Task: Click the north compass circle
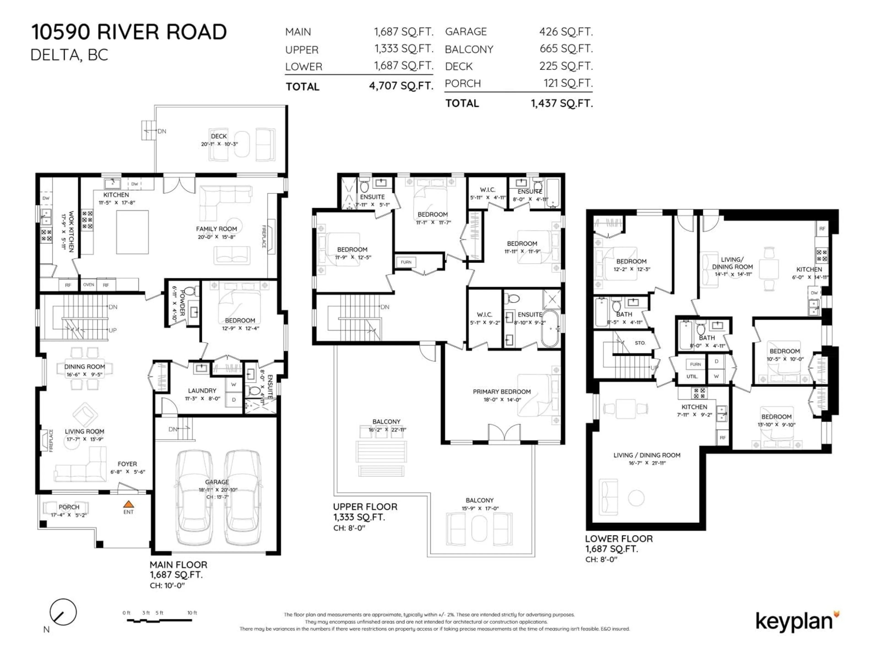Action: click(63, 612)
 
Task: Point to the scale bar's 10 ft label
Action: click(192, 613)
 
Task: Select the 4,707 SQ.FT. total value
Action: click(401, 86)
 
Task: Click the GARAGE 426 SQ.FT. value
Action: click(566, 32)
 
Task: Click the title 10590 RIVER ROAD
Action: click(129, 32)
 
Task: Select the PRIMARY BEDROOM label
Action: click(501, 391)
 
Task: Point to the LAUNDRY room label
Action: click(202, 391)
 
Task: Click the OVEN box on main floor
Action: click(88, 285)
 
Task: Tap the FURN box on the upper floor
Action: click(406, 262)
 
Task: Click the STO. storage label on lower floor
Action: click(640, 343)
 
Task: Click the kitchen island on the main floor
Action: click(132, 232)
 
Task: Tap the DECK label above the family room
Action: click(219, 136)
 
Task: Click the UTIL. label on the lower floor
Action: click(692, 376)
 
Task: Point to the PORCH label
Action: click(69, 507)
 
